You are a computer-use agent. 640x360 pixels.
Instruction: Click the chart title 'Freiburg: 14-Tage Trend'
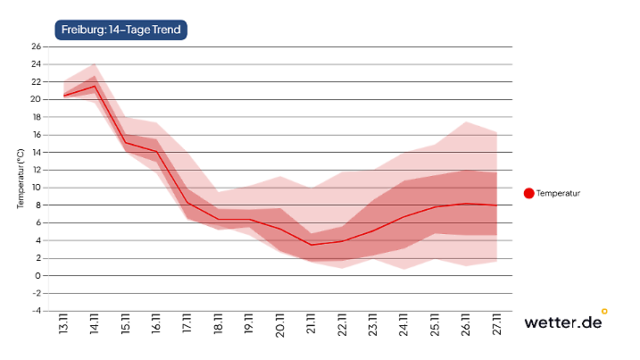point(121,29)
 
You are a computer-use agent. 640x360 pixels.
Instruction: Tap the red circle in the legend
point(528,193)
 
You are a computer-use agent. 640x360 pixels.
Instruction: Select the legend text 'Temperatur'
point(559,193)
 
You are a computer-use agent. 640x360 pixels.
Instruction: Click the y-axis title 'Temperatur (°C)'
point(20,179)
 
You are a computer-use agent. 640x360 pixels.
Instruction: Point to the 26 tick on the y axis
point(37,46)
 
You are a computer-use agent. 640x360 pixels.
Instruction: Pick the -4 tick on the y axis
point(37,311)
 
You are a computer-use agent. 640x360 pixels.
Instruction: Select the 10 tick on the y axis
point(37,188)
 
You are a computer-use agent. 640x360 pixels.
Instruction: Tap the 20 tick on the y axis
point(37,99)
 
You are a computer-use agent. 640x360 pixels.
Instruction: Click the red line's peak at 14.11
point(95,86)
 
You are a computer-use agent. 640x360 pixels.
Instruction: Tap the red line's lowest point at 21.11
point(311,245)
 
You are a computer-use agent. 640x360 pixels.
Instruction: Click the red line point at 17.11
point(187,204)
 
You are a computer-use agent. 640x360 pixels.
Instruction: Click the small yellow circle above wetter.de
point(604,312)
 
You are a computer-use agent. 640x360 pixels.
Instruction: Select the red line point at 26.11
point(465,204)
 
